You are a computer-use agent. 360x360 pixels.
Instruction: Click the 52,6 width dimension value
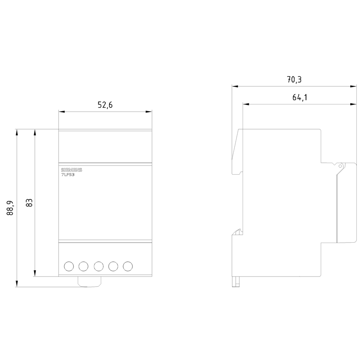coord(105,105)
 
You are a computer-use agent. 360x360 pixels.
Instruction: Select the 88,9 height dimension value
coord(10,208)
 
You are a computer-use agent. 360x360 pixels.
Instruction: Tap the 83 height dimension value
coord(29,203)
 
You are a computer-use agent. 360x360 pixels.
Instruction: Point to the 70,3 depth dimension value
coord(294,80)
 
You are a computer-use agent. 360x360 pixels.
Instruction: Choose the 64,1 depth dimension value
coord(300,97)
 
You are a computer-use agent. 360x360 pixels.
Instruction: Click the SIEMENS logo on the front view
coord(71,170)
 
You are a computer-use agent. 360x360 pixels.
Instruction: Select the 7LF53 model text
coord(68,175)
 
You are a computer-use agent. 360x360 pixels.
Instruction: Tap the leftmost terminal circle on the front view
coord(69,266)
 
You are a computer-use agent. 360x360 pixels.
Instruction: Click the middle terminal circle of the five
coord(99,266)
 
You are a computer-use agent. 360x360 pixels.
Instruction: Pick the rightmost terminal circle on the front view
coord(128,266)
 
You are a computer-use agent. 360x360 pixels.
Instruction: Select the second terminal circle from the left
coord(84,266)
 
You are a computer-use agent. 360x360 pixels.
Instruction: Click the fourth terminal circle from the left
coord(113,266)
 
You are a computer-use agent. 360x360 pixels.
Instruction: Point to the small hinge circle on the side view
coord(340,166)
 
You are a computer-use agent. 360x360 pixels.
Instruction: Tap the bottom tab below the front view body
coord(90,282)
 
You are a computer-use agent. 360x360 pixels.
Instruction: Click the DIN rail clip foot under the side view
coord(236,282)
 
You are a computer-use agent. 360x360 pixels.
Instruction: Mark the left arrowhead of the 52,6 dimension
coord(62,112)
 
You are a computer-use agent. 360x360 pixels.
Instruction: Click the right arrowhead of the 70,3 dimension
coord(354,86)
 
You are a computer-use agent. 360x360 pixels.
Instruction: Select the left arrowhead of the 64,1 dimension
coord(246,104)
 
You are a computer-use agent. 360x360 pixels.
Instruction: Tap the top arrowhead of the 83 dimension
coord(35,132)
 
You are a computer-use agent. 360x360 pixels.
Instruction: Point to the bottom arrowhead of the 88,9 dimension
coord(17,284)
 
